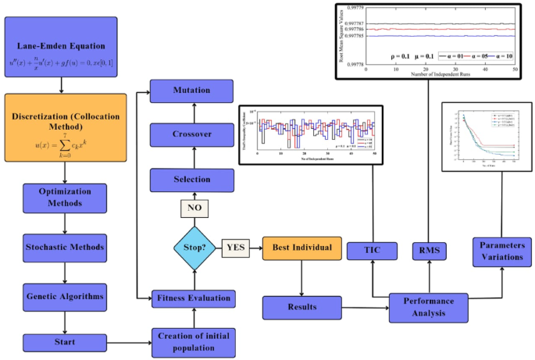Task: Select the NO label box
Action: [x=192, y=209]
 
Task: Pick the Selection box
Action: [x=192, y=179]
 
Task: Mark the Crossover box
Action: [x=192, y=134]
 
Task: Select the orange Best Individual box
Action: [x=301, y=248]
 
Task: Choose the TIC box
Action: [x=372, y=250]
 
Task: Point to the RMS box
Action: [x=428, y=251]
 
